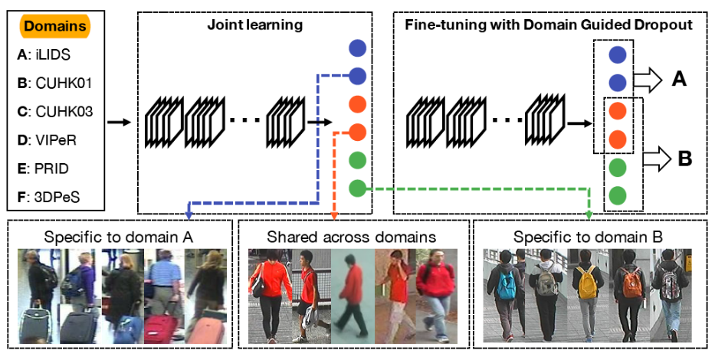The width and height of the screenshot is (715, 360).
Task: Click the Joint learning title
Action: [x=254, y=25]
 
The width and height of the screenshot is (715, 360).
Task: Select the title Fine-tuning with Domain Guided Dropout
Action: [x=548, y=25]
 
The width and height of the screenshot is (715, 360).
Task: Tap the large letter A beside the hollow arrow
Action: [x=679, y=77]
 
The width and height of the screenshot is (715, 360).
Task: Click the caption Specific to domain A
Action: [x=119, y=237]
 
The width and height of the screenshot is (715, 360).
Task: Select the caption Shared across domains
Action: [x=352, y=237]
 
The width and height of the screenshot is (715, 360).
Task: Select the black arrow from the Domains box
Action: [x=119, y=121]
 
